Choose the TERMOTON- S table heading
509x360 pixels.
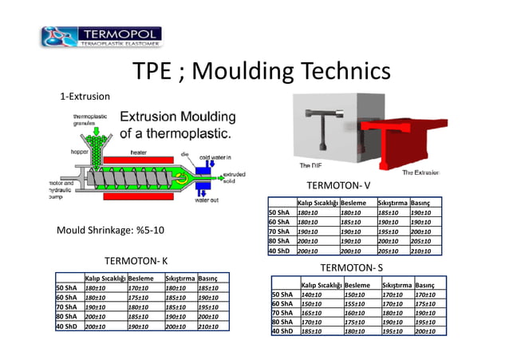pos(352,267)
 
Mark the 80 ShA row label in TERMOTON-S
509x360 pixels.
pos(282,322)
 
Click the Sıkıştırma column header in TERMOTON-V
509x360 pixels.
pos(392,204)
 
